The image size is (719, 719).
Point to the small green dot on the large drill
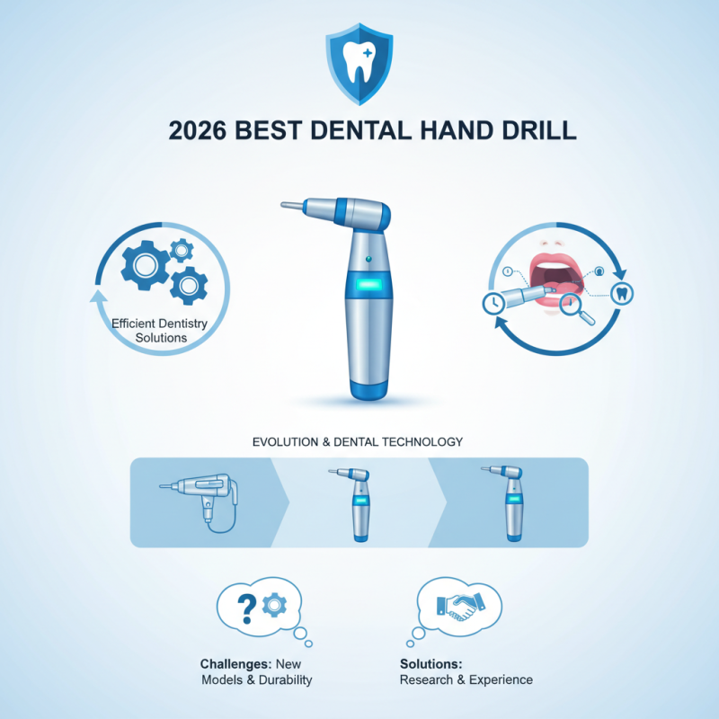coord(368,259)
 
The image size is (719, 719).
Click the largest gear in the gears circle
coord(144,261)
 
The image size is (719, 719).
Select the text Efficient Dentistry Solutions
coord(149,330)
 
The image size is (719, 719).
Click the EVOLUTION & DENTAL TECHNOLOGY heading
coord(359,442)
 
